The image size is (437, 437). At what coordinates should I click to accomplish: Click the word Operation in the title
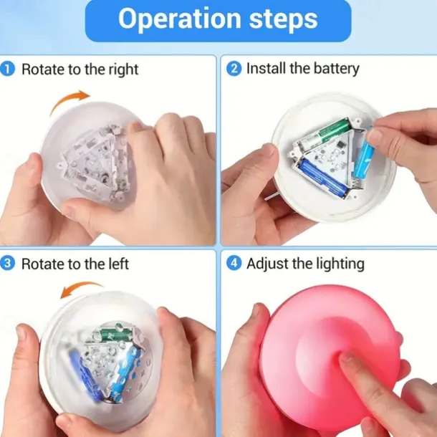click(180, 19)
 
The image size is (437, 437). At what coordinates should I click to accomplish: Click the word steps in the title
click(283, 19)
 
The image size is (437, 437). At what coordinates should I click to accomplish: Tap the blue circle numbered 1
click(7, 69)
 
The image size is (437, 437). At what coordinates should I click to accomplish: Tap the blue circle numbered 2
click(234, 69)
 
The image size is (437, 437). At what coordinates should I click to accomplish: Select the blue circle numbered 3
click(7, 264)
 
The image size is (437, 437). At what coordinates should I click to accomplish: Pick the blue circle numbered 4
click(234, 264)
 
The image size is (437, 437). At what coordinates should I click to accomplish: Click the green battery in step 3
click(114, 334)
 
